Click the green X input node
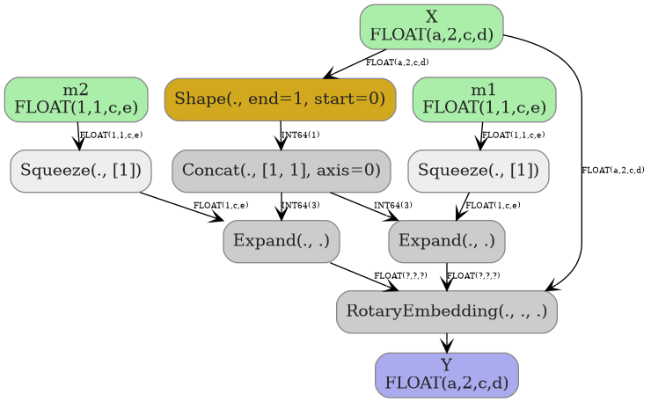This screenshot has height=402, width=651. coord(431,26)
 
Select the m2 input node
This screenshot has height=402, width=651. coord(76,99)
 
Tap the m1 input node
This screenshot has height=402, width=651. coord(484,99)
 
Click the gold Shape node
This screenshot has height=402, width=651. coord(280,99)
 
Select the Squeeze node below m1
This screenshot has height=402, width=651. coord(478,171)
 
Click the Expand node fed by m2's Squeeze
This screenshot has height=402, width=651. coord(282,241)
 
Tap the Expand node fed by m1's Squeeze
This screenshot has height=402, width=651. coord(447,241)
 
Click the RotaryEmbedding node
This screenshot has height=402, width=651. coord(447,311)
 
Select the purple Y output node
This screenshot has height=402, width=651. coord(447,375)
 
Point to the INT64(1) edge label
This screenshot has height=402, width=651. coord(300,135)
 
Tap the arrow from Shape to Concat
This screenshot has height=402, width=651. coord(281,135)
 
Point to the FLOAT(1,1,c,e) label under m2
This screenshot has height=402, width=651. coord(111,135)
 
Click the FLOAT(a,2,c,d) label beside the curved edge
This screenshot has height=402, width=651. coord(613,170)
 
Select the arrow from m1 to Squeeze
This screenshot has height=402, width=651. coord(481,135)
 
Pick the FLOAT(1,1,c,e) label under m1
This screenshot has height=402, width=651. coord(514,135)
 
